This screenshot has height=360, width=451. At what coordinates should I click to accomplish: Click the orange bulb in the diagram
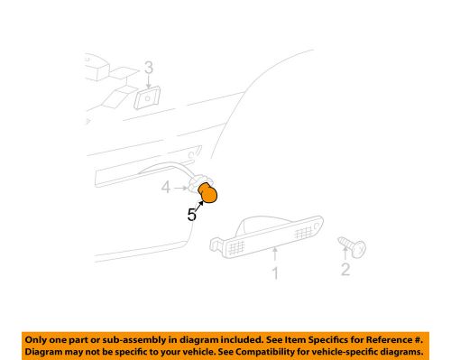pyautogui.click(x=210, y=192)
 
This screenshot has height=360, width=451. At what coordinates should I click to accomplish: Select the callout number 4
pyautogui.click(x=166, y=188)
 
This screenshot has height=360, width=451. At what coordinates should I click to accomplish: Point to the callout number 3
pyautogui.click(x=149, y=68)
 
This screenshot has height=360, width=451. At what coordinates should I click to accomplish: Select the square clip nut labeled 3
pyautogui.click(x=146, y=97)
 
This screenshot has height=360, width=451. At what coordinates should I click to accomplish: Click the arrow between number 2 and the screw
pyautogui.click(x=345, y=255)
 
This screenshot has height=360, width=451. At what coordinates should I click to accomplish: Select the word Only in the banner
pyautogui.click(x=41, y=337)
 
